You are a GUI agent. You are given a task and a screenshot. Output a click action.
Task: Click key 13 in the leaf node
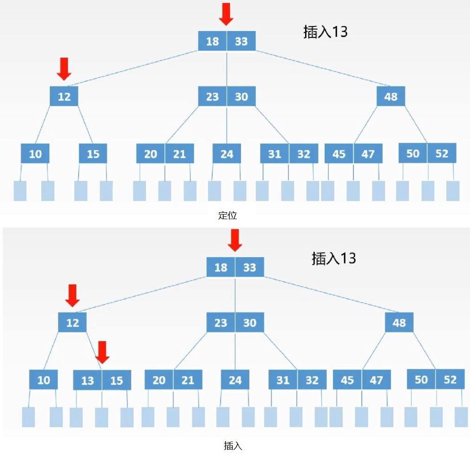88,380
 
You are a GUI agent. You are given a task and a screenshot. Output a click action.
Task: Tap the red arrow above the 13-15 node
102,352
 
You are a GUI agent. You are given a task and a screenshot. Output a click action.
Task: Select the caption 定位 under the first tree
228,215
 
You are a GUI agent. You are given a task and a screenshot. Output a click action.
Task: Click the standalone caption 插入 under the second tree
233,446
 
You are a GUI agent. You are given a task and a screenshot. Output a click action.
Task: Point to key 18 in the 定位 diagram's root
212,41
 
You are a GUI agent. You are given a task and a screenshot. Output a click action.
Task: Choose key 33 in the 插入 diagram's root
250,267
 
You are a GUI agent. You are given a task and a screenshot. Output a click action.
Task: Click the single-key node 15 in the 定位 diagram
93,154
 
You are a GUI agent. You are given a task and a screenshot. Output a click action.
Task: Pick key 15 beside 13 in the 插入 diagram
116,380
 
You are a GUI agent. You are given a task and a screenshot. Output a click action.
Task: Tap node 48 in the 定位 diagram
391,97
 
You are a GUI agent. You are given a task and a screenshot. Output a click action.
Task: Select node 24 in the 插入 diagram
235,380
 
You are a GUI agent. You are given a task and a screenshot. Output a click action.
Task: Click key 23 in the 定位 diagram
212,97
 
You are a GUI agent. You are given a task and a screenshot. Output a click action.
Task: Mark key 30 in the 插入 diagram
250,323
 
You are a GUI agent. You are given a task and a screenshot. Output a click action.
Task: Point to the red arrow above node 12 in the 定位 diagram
64,69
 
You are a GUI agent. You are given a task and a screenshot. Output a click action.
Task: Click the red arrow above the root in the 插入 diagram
235,240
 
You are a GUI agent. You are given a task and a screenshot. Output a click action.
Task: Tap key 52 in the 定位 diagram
442,153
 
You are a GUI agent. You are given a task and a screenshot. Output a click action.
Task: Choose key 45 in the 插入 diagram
347,380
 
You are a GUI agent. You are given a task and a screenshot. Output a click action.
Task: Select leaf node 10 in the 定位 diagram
35,154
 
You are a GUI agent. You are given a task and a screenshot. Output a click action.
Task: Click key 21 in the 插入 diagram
188,380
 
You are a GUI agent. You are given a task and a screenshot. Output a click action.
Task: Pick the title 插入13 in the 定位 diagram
326,32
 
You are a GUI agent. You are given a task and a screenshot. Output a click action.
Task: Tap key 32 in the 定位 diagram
304,154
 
